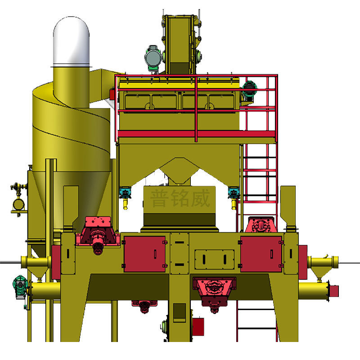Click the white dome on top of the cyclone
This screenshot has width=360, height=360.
point(71,41)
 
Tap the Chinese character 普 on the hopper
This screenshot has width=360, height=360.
point(160,198)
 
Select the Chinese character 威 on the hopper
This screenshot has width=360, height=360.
point(200,198)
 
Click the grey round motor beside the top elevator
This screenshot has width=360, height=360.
point(153,58)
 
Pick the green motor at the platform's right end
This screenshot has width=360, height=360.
point(249,89)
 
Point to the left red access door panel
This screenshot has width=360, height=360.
point(144,254)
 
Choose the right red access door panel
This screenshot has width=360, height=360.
point(261,254)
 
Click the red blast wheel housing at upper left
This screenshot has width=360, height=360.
point(98,234)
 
